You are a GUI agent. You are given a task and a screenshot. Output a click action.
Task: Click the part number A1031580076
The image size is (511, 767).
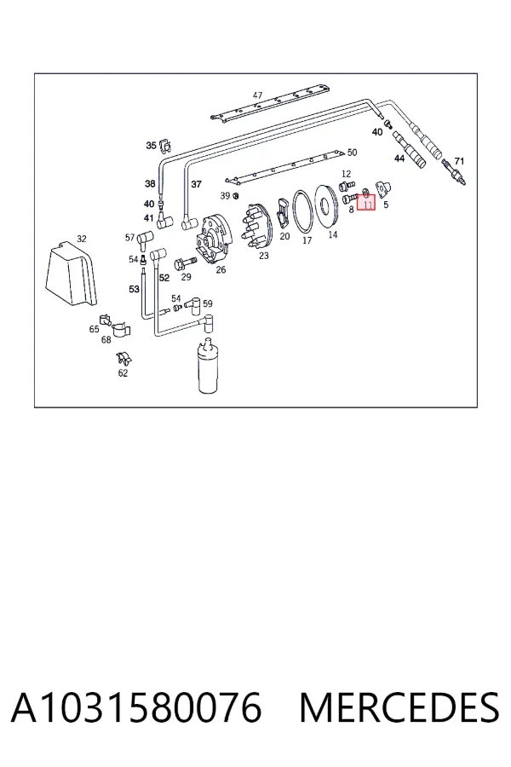(136, 707)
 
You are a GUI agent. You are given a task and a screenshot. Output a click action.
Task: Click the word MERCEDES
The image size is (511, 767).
(399, 707)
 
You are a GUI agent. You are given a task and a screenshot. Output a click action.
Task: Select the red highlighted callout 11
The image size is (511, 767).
(366, 202)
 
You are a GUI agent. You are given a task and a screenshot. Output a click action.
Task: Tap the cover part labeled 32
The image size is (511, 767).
(71, 275)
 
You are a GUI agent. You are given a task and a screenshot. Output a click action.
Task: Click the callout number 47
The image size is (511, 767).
(258, 95)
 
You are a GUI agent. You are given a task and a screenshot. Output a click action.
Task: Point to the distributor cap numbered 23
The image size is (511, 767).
(255, 227)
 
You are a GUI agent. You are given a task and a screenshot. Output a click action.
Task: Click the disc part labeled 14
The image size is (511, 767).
(325, 205)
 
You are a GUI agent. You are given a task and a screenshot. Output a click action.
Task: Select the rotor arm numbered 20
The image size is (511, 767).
(283, 212)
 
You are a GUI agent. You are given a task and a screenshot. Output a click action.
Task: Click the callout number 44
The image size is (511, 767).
(399, 159)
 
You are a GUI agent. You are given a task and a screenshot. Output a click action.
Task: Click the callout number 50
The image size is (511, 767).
(352, 153)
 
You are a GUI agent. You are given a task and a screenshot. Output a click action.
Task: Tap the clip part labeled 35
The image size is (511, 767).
(165, 145)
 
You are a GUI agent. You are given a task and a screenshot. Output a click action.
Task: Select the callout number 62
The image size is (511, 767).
(123, 372)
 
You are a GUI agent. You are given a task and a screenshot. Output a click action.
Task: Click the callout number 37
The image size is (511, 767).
(196, 184)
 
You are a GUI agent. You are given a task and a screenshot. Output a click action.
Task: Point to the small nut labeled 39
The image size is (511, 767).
(235, 196)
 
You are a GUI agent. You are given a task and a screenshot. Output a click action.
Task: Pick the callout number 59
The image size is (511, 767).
(208, 303)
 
